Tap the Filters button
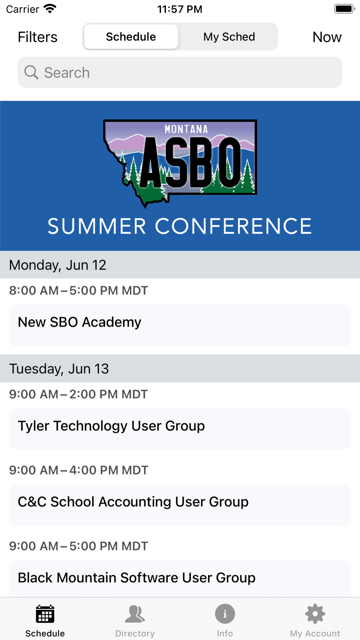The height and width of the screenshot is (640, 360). tap(37, 37)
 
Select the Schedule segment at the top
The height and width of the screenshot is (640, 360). tap(131, 37)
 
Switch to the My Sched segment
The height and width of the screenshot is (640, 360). tap(229, 37)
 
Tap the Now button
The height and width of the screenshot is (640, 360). tap(327, 37)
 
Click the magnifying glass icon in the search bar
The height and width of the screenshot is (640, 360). tap(31, 72)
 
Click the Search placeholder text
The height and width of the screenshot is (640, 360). tap(67, 73)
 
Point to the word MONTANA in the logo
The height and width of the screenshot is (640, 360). tap(186, 129)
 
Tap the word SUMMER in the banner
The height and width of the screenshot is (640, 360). tap(97, 226)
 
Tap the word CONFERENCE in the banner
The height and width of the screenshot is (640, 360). tap(233, 226)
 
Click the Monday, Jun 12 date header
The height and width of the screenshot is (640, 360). tap(58, 265)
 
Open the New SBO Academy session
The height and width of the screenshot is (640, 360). tap(180, 325)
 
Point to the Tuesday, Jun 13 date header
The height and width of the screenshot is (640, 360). tap(59, 369)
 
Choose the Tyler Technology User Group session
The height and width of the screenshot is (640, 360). tap(180, 429)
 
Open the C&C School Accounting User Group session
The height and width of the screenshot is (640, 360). tap(180, 505)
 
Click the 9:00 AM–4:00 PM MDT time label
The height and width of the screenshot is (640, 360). tap(78, 470)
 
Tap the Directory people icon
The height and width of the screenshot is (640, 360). tap(135, 614)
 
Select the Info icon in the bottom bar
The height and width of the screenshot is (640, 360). tap(225, 614)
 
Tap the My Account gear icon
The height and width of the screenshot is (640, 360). tap(315, 614)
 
